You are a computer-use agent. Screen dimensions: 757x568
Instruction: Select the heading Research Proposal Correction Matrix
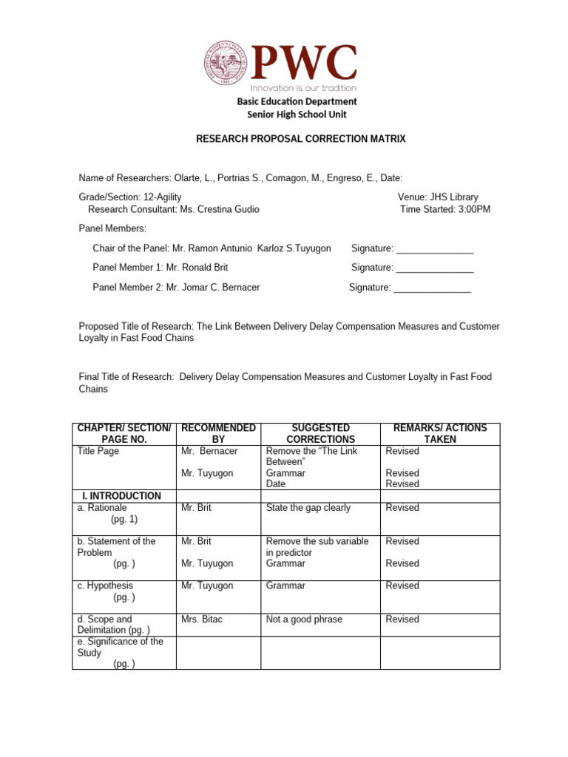[x=300, y=138]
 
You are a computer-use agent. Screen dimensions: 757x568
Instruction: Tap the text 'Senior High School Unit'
[x=297, y=115]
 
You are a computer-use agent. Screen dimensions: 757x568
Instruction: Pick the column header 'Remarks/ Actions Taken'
[x=440, y=433]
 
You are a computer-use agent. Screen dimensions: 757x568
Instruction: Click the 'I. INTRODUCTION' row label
[x=119, y=495]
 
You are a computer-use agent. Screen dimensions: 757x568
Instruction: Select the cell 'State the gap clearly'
[x=308, y=508]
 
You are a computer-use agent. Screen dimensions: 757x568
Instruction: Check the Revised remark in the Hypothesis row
[x=402, y=585]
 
